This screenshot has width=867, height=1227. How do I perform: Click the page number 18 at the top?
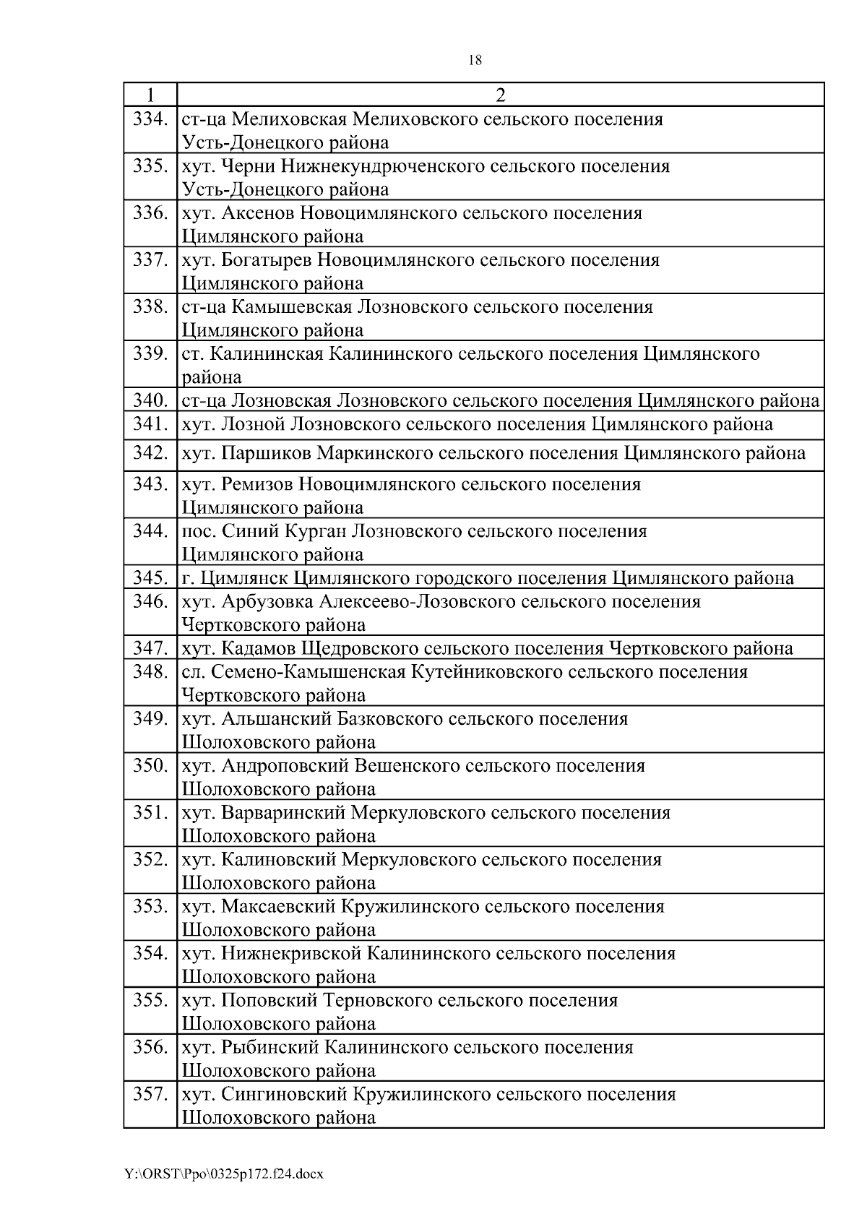[475, 61]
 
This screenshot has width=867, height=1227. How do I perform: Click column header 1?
[150, 95]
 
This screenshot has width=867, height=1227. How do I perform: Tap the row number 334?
[150, 119]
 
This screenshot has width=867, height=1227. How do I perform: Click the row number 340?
[150, 401]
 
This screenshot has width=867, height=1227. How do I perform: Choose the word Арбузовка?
[267, 602]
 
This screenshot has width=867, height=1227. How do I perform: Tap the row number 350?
[150, 766]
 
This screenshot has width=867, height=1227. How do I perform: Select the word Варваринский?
[282, 813]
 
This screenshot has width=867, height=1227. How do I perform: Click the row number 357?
[150, 1095]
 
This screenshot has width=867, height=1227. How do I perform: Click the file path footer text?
[224, 1174]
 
